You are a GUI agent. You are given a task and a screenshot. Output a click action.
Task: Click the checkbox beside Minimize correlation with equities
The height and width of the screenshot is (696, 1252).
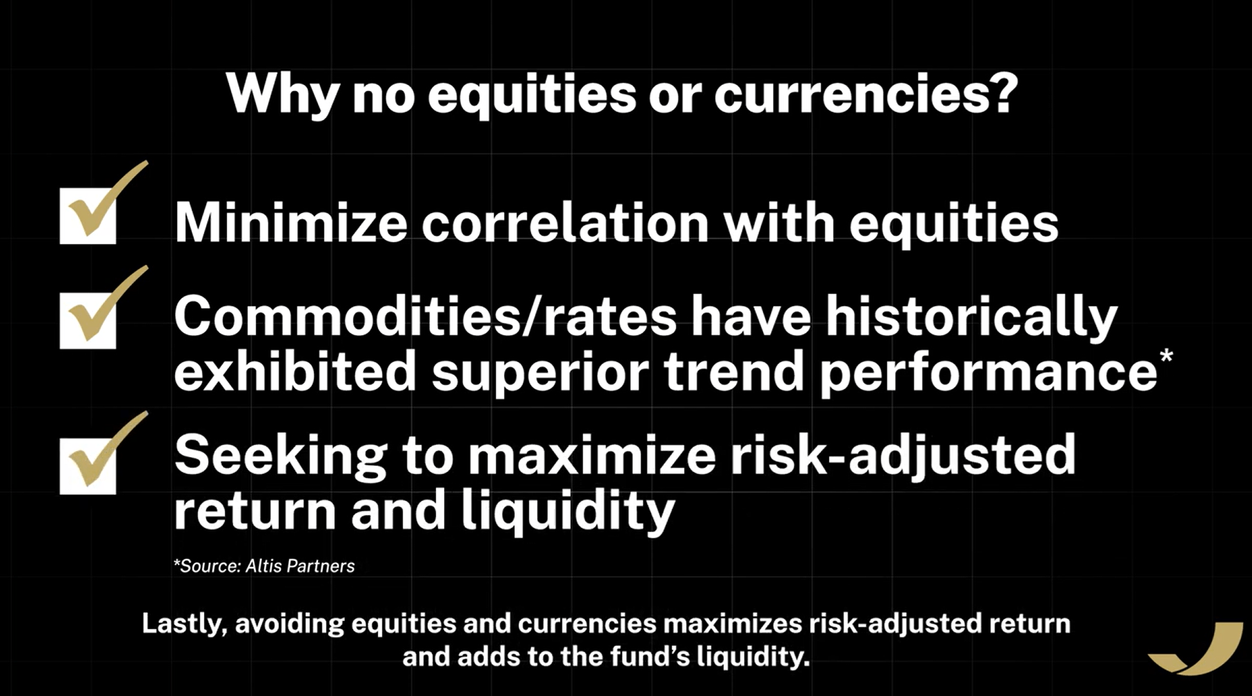88,215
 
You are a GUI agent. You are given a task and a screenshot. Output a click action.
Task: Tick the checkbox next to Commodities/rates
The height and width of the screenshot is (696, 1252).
88,320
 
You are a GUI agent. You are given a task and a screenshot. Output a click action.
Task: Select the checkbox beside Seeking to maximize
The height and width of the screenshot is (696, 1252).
88,466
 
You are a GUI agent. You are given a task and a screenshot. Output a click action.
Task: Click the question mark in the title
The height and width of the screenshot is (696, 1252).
1002,92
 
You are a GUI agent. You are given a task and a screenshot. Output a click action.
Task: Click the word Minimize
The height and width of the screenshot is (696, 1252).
290,223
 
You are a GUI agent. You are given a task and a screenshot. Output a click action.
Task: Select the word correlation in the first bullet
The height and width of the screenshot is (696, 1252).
565,223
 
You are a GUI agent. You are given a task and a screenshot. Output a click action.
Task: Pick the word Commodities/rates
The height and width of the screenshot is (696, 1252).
425,317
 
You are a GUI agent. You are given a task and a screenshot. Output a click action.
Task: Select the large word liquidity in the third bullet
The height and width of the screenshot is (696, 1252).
568,512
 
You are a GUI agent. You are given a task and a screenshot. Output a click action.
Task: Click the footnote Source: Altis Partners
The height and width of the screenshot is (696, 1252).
264,566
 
